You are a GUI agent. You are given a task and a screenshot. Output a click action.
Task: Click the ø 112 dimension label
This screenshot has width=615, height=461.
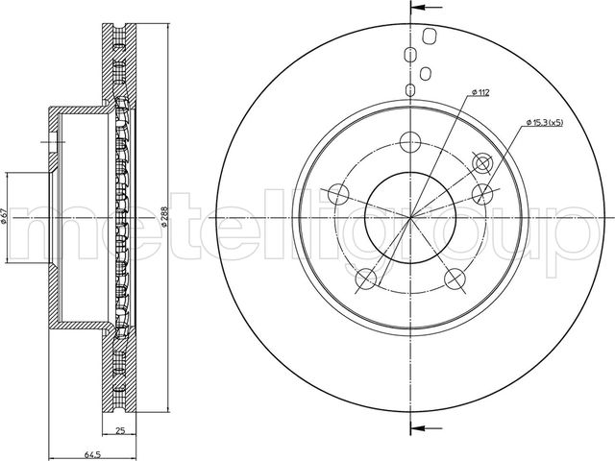480,92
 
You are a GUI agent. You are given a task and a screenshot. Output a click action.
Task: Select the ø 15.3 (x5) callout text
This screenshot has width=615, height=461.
545,123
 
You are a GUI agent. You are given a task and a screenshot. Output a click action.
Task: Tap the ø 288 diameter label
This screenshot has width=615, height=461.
164,216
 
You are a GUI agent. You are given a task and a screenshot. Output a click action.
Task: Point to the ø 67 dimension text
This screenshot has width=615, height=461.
4,217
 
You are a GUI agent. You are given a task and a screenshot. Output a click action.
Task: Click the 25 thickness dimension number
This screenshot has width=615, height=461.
120,430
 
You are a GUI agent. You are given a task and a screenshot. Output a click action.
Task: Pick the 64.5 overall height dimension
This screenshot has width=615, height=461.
93,454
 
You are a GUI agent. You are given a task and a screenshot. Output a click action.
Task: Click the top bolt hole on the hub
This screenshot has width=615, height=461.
410,141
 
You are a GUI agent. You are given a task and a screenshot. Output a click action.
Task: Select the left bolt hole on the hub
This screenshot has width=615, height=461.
338,193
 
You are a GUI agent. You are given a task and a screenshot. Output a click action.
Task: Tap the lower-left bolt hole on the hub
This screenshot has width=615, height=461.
366,279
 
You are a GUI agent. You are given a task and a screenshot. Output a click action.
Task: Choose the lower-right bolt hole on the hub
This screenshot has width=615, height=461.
455,279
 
